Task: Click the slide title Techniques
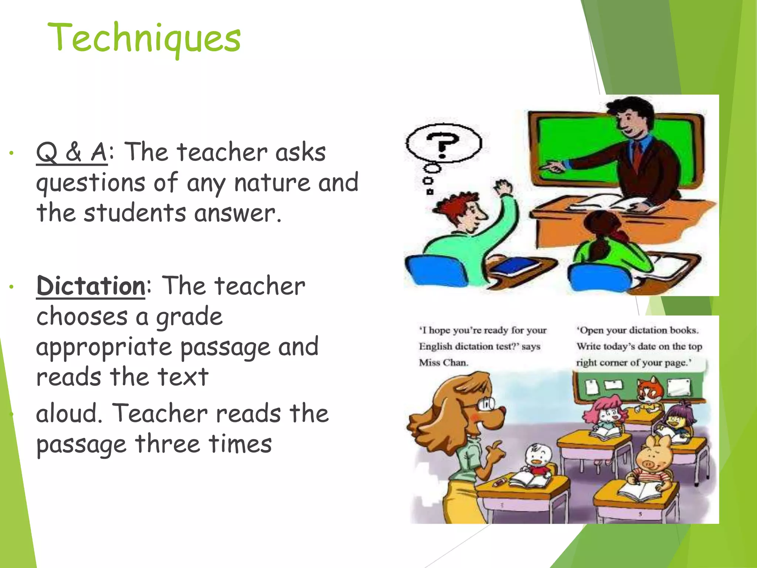coord(144,38)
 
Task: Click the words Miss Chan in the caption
coord(443,362)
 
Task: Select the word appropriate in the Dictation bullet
coord(104,348)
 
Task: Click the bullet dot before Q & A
coord(12,153)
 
